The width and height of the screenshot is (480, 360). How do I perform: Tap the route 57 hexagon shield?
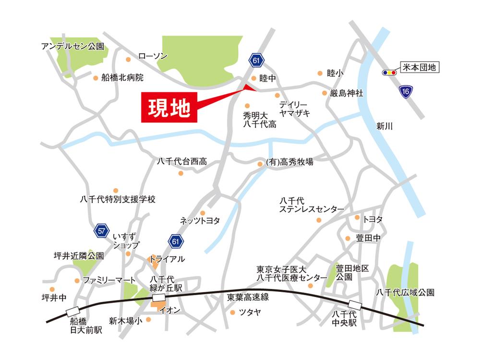point(101,231)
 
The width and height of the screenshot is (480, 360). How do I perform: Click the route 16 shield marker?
point(406,92)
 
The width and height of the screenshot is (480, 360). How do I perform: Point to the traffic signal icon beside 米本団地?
point(389,72)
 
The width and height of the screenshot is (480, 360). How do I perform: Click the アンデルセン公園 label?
point(72,47)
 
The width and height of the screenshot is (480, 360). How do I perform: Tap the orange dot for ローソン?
point(128,60)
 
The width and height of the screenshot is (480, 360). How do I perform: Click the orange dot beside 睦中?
point(254,78)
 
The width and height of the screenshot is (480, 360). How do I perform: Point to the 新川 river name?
point(384,127)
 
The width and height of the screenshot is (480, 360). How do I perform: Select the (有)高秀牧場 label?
point(289,162)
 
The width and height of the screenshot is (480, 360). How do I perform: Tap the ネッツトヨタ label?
point(200,221)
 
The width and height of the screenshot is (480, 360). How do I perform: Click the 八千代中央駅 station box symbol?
point(355,304)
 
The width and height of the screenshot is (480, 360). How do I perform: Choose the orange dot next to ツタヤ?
point(233,312)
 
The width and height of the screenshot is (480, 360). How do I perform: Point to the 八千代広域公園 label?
point(405,292)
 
